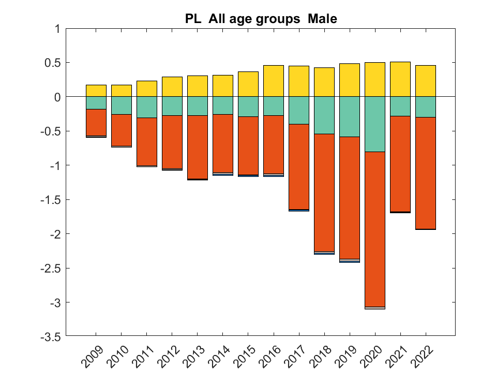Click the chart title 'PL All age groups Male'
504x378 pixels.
tap(260, 19)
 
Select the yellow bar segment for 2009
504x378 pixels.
tap(96, 90)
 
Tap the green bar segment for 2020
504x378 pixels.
tap(375, 124)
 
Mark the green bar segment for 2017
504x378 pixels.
tap(299, 110)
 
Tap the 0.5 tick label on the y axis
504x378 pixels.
tap(54, 62)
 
